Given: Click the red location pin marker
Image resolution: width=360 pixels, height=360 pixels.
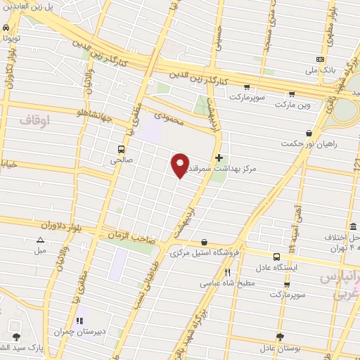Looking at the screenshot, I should (x=181, y=165).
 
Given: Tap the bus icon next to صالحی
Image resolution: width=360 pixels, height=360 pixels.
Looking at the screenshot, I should (x=122, y=149).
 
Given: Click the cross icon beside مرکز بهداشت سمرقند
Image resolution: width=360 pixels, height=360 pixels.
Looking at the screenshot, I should (x=219, y=157).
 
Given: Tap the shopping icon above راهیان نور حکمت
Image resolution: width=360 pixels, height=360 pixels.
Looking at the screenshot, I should (x=309, y=132).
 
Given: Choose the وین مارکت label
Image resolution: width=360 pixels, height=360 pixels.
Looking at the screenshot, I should (x=292, y=104).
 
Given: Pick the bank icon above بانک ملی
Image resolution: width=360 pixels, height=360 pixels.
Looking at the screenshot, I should (x=320, y=59).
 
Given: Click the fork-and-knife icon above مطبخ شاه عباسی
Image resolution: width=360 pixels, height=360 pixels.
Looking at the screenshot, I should (x=227, y=273).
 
